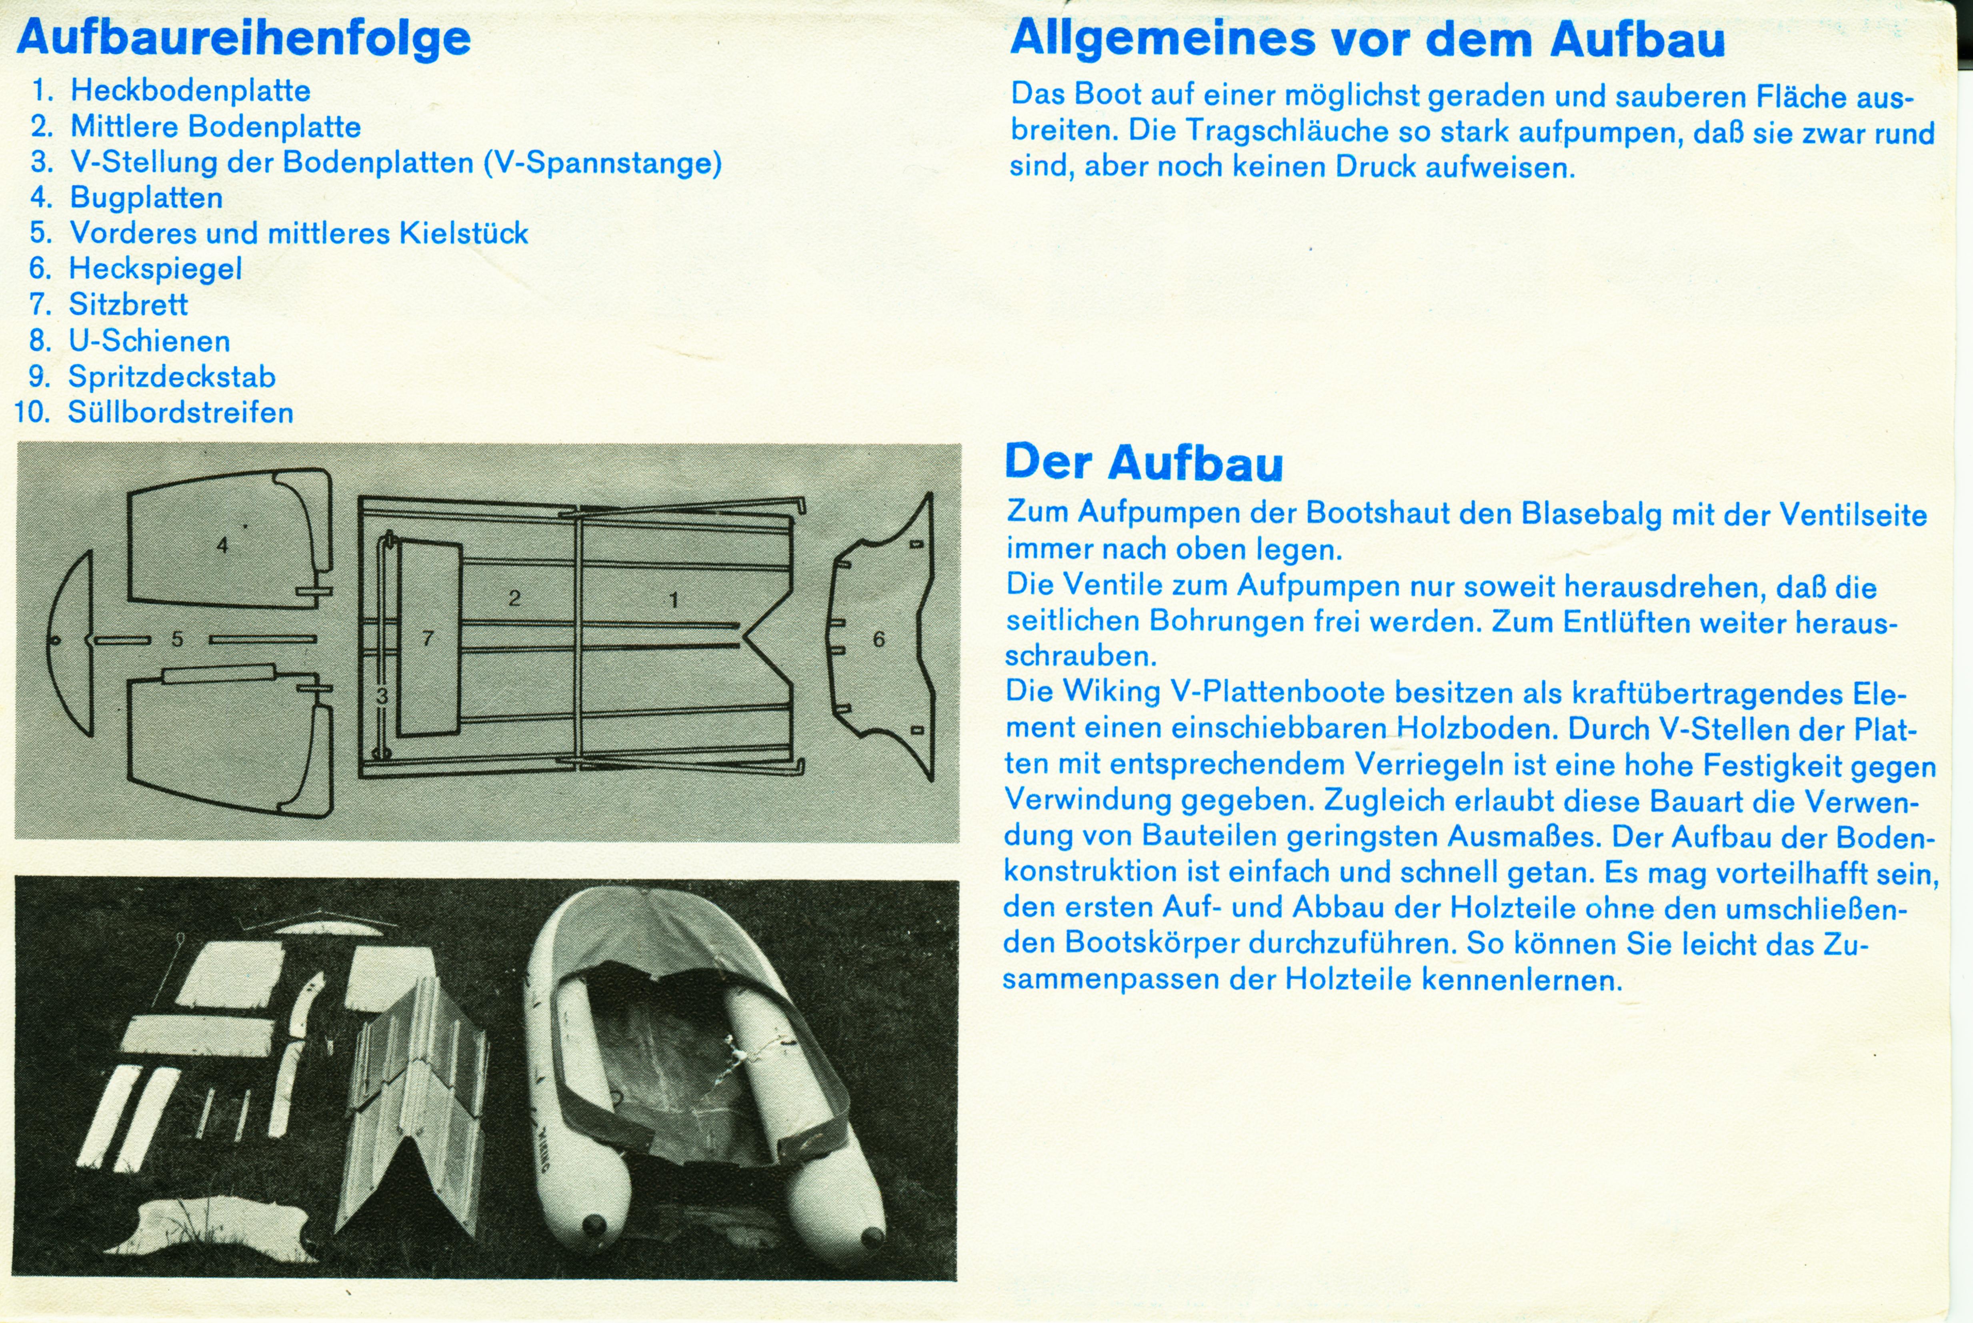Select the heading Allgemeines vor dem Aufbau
coord(1367,40)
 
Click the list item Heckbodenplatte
coord(190,90)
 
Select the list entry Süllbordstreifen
coord(180,413)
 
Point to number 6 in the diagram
coord(878,639)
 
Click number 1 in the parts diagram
coord(673,600)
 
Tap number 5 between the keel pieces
coord(177,639)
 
